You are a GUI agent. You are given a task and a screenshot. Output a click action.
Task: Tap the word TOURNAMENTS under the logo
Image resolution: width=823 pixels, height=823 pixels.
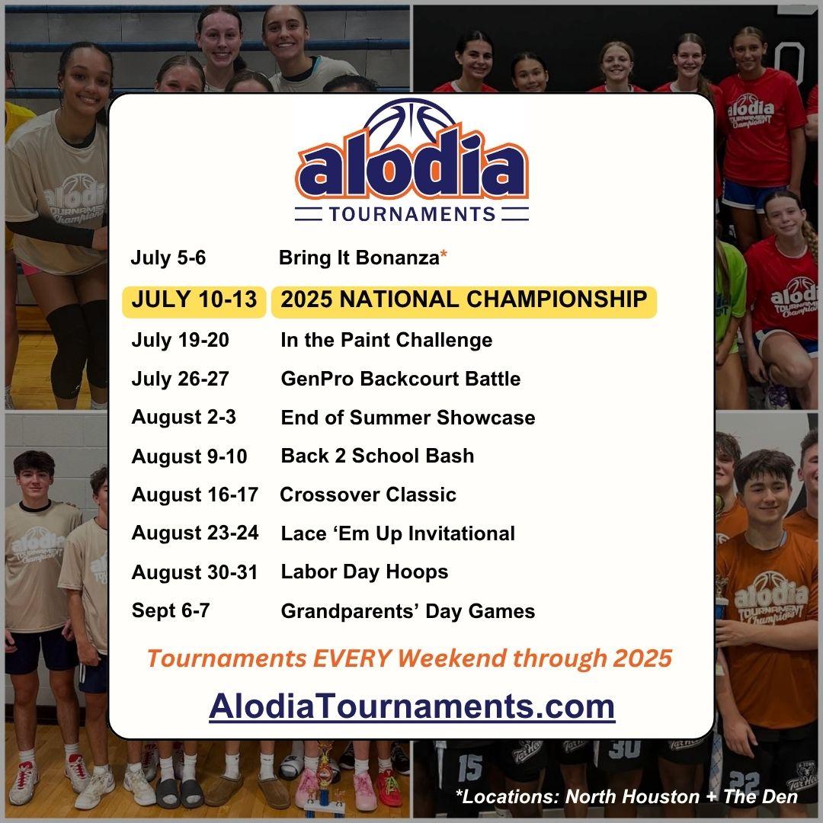point(412,214)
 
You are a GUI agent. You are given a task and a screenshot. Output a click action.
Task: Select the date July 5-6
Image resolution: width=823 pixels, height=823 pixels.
point(168,258)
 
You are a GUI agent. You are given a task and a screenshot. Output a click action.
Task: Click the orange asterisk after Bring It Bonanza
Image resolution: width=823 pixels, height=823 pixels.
point(444,255)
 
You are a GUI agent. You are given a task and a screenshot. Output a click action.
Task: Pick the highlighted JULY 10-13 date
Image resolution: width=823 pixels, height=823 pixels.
point(194,299)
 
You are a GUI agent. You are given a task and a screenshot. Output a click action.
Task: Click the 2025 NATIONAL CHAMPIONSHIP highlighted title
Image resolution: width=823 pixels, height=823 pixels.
point(464,299)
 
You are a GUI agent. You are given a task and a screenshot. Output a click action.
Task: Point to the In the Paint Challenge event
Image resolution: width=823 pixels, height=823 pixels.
point(386,340)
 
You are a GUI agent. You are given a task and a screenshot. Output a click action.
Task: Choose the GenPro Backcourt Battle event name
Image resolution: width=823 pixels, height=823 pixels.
point(401,379)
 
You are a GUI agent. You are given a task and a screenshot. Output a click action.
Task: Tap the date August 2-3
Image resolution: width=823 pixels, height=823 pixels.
point(184,418)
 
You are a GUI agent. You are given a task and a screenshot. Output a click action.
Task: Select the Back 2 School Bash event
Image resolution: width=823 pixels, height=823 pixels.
point(377,456)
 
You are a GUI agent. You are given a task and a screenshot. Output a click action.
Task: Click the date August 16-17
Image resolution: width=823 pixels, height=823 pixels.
point(195,495)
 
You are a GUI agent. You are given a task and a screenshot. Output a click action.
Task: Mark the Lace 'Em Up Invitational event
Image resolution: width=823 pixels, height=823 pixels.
point(398,533)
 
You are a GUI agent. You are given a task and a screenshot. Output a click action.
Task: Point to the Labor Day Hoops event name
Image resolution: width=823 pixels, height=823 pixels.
point(364,572)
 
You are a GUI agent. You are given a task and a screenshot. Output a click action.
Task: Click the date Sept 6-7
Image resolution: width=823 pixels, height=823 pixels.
point(171,611)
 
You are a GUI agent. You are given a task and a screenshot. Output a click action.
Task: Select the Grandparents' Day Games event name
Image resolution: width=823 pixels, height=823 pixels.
point(408,611)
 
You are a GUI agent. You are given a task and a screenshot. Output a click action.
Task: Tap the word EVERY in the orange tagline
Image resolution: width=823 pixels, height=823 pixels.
point(352,658)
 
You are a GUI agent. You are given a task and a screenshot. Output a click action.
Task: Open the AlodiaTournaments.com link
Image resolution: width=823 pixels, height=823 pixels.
point(412,706)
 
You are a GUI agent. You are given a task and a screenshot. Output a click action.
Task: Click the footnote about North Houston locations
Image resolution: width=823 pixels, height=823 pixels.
point(626,797)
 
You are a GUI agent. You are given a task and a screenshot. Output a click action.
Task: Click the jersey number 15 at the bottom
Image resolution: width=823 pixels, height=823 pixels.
point(469,767)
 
